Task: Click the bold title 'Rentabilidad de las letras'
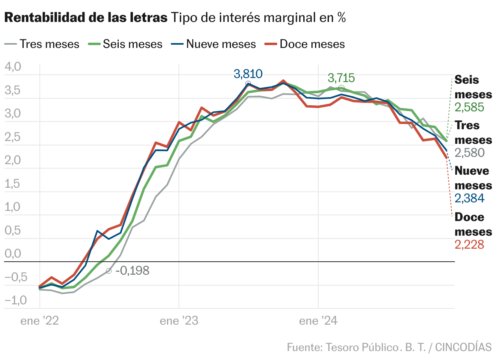[86, 18]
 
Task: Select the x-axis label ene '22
[40, 321]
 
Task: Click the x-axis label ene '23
[179, 321]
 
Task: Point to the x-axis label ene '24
[318, 321]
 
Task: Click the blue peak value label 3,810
[248, 74]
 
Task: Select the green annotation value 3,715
[341, 78]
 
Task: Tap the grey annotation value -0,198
[132, 271]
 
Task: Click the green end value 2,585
[470, 107]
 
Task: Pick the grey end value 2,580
[470, 153]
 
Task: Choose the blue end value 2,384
[470, 198]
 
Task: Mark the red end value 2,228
[470, 244]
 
